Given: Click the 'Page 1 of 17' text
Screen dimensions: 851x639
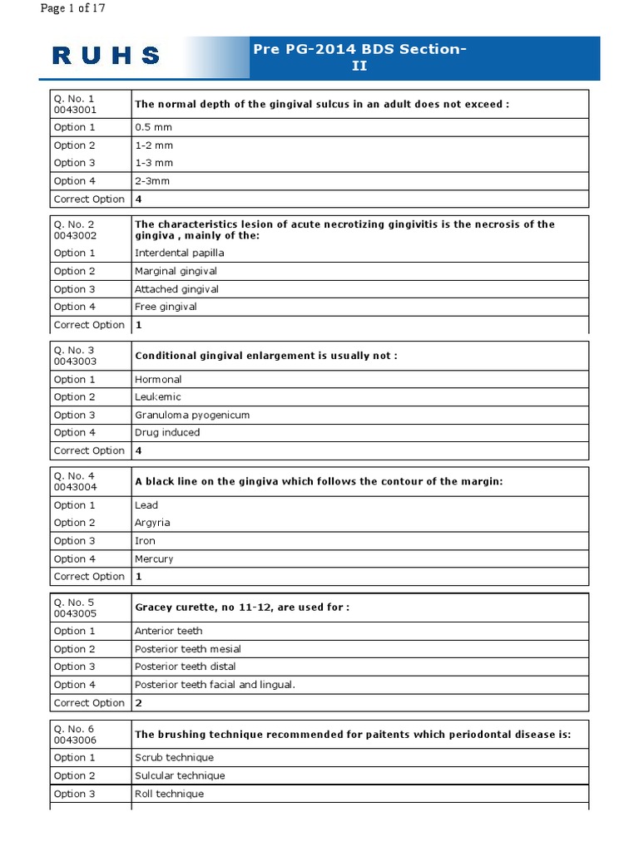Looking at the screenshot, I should click(73, 9).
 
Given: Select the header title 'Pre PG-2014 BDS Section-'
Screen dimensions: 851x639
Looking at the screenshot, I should click(359, 49).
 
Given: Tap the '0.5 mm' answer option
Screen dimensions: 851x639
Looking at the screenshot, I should click(153, 127).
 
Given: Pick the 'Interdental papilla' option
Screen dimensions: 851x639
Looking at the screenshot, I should click(179, 253).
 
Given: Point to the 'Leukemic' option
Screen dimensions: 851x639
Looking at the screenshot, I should click(157, 396).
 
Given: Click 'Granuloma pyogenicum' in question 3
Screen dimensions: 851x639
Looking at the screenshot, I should click(191, 415).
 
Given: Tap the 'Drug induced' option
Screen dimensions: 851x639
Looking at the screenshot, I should click(167, 432).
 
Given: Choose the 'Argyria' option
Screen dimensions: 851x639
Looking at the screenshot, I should click(151, 523).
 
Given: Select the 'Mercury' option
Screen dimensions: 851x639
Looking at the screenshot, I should click(154, 559).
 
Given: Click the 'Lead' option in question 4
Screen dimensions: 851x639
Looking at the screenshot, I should click(146, 504).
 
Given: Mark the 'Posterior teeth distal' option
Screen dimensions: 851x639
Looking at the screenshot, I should click(185, 667).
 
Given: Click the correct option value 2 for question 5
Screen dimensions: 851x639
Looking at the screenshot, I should click(138, 703).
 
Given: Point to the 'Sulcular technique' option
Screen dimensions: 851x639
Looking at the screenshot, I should click(180, 775).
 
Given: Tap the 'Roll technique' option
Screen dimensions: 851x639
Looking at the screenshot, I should click(169, 794).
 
